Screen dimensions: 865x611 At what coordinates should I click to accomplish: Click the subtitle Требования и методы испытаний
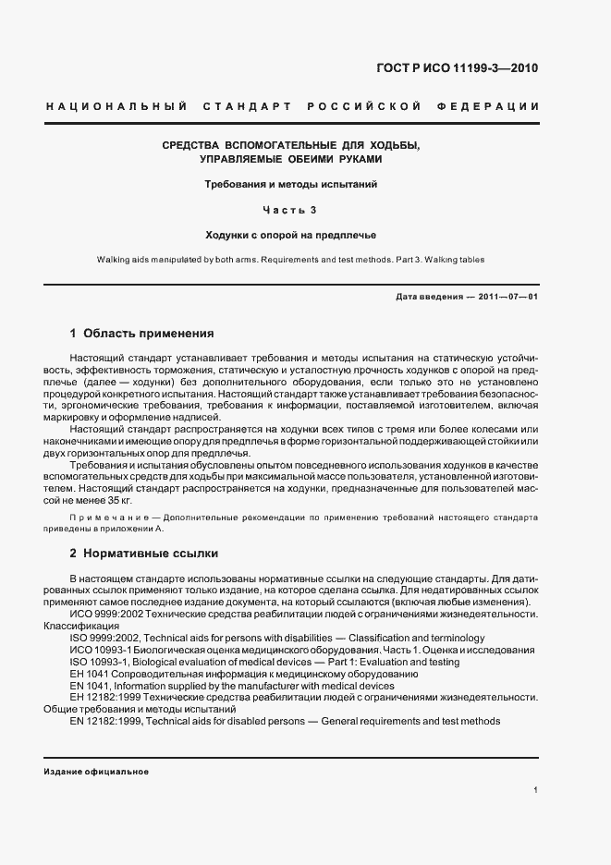click(x=291, y=184)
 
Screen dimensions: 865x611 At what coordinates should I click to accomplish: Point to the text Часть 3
click(x=291, y=210)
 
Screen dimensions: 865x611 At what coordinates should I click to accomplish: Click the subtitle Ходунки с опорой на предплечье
click(x=291, y=235)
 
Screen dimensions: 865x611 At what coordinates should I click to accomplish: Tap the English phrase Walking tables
click(x=451, y=260)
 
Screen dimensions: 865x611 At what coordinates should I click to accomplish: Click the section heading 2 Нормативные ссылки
click(x=143, y=554)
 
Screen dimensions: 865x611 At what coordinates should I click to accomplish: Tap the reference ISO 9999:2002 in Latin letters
click(x=104, y=638)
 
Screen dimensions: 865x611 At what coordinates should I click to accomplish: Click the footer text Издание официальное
click(x=96, y=772)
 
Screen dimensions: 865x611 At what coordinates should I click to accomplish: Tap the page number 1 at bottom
click(x=536, y=790)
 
